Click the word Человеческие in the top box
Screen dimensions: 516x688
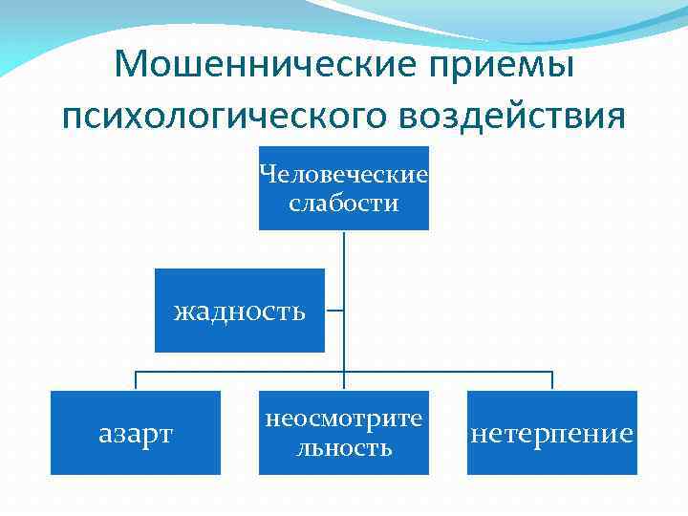344,175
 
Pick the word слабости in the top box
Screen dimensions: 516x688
344,203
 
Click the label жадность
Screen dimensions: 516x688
239,311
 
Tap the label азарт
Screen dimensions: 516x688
136,434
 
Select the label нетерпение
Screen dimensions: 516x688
552,434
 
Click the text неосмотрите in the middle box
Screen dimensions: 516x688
344,419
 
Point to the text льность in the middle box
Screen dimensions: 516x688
344,446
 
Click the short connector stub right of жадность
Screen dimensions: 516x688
334,311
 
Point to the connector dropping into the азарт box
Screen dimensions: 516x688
136,380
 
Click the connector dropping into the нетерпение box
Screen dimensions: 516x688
552,380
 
